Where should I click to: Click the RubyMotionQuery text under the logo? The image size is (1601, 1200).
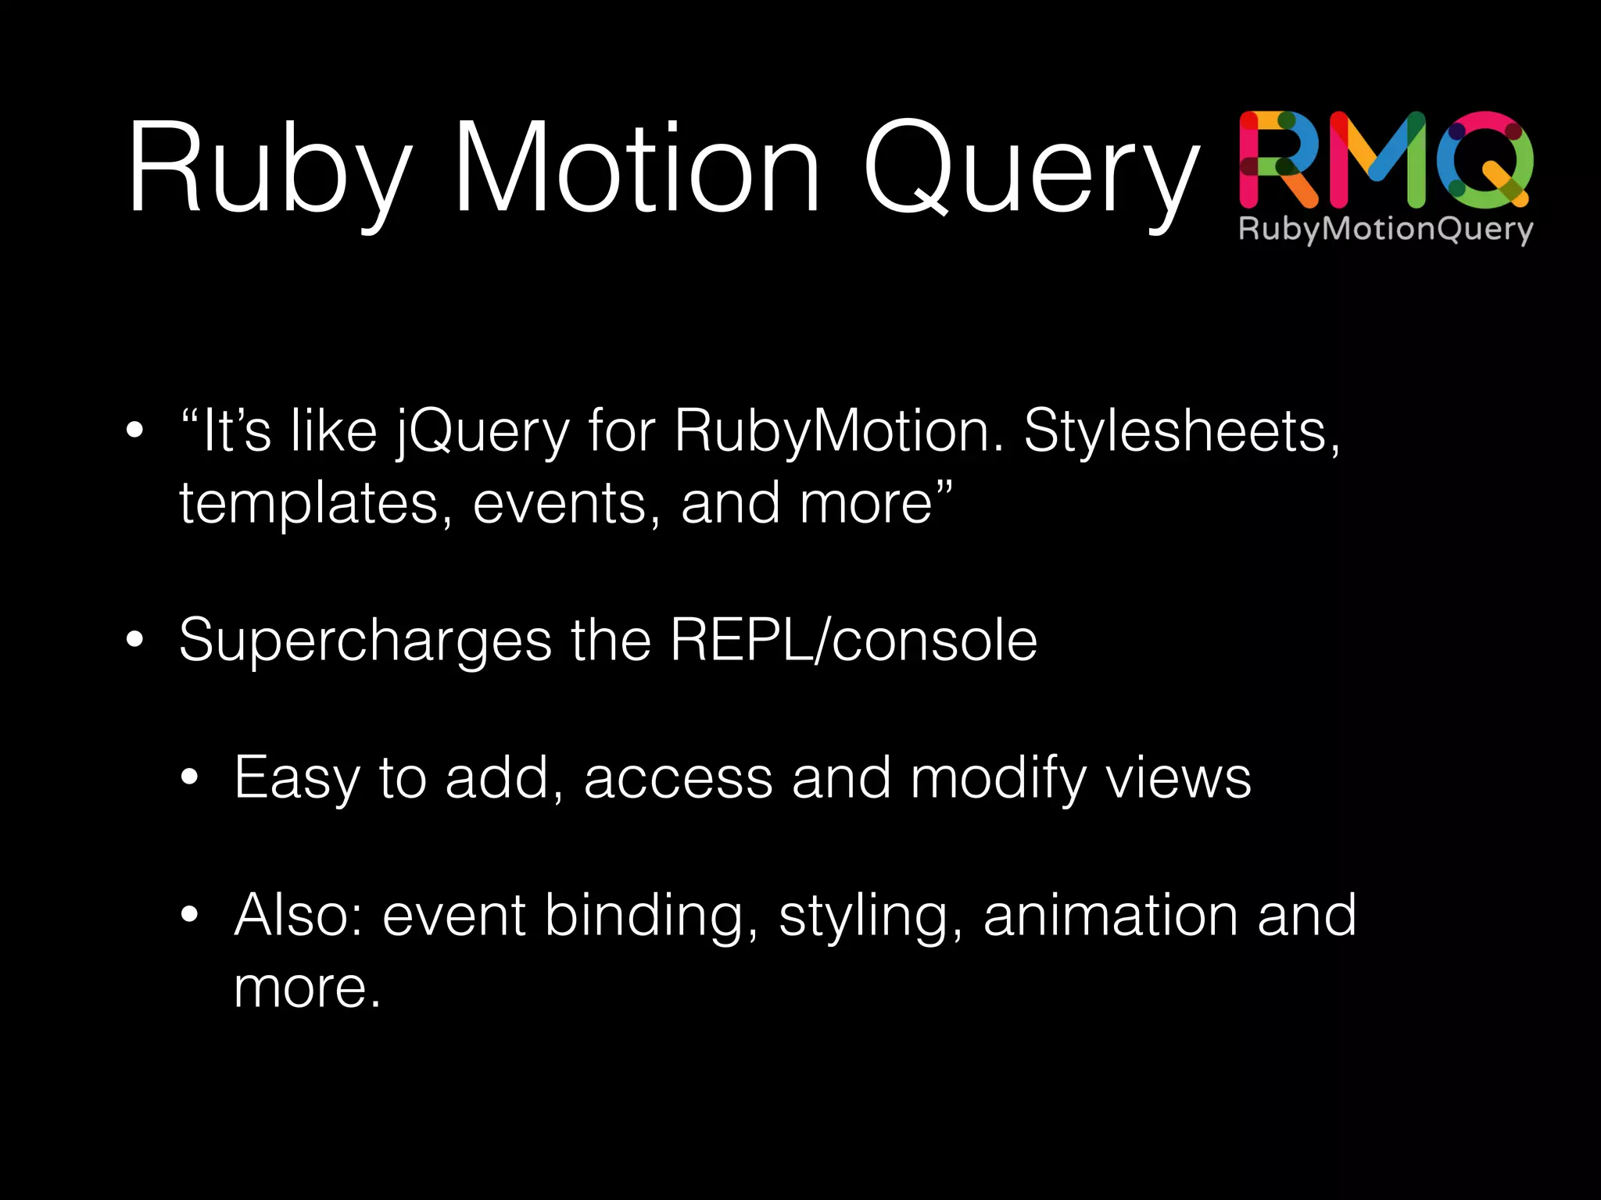coord(1385,230)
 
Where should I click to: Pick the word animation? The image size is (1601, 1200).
coord(1111,916)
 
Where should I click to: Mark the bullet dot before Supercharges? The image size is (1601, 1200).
coord(135,640)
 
